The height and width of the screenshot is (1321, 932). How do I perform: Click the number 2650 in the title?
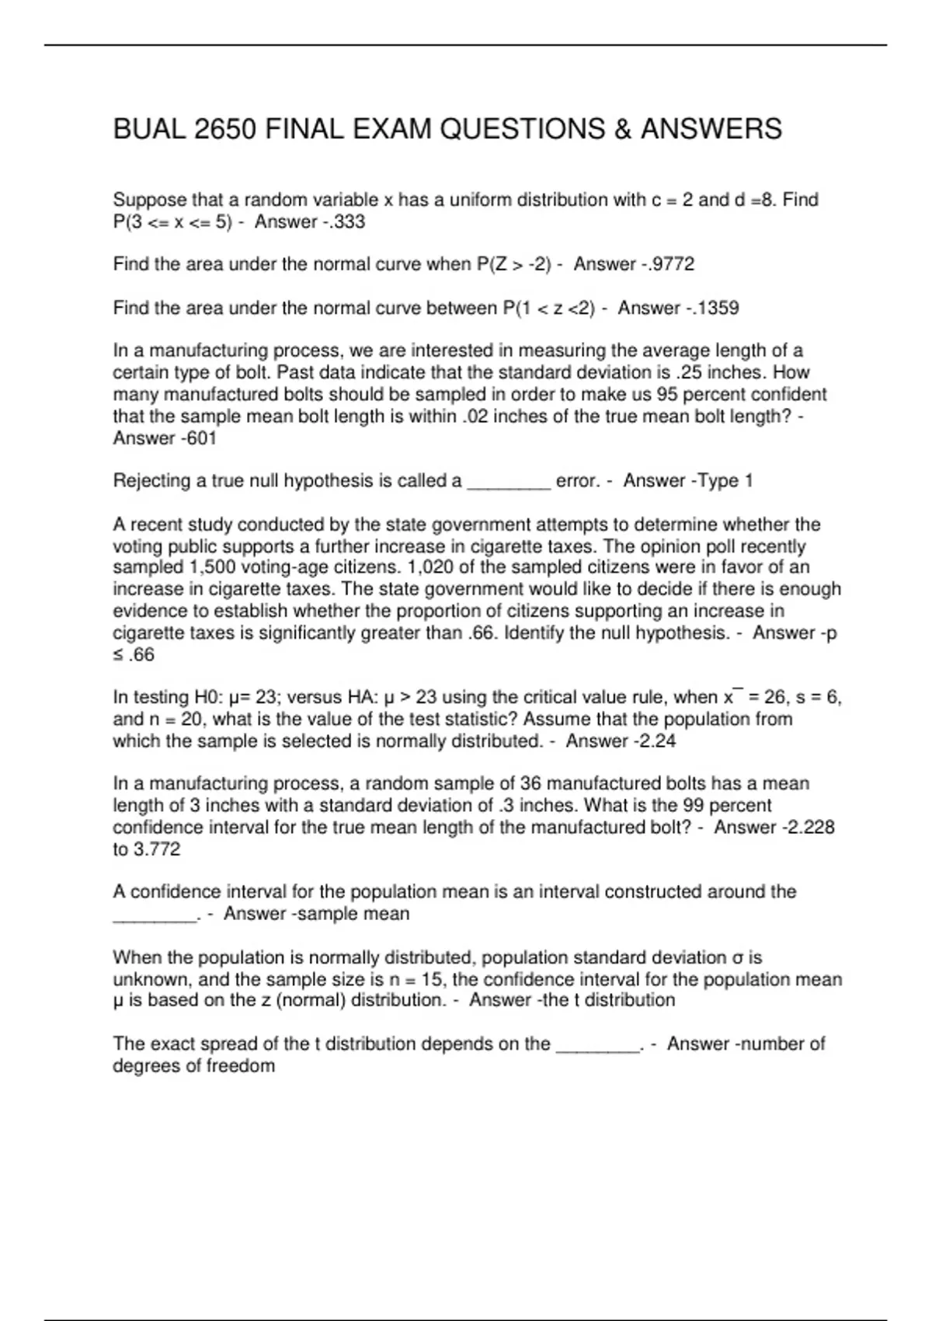tap(224, 129)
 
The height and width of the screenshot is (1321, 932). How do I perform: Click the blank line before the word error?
tap(509, 482)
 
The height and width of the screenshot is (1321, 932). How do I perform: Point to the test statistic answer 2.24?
tap(657, 741)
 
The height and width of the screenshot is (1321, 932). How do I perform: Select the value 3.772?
tap(157, 849)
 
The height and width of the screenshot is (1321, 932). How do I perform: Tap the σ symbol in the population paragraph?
tap(739, 957)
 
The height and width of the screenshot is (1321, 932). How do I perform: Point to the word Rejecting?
tap(151, 481)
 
